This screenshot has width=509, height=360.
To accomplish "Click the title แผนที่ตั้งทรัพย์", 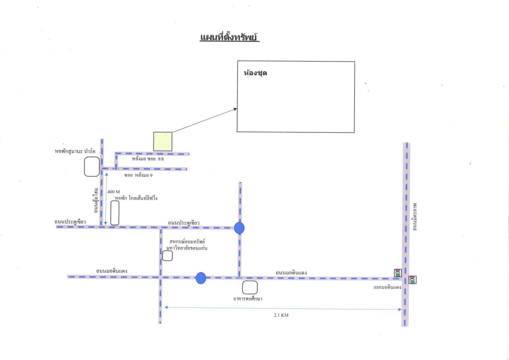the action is [229, 38].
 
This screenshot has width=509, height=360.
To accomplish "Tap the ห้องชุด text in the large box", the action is [255, 73].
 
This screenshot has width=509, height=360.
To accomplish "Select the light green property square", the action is [163, 142].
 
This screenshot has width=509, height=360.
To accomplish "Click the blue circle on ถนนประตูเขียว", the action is [239, 228].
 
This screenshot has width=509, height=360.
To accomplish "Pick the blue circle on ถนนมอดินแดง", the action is [201, 278].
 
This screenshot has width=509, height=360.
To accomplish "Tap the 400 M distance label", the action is [113, 192].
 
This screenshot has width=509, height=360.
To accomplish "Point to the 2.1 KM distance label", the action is [281, 315].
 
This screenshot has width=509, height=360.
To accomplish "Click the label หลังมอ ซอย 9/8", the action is [148, 159].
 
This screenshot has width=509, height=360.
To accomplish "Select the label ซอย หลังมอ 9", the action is [138, 175].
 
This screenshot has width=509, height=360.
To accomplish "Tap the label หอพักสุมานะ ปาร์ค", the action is [75, 151].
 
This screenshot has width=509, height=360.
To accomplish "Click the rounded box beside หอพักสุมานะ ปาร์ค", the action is [92, 166].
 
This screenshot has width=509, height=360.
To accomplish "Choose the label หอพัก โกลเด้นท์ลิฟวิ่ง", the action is [136, 198].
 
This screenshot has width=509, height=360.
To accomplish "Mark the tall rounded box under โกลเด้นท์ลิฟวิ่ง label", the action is [115, 213].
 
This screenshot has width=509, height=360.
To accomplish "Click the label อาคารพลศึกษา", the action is [248, 299].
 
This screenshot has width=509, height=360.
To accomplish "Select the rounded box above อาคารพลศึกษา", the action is [250, 287].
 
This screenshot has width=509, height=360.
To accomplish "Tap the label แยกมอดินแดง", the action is [387, 287].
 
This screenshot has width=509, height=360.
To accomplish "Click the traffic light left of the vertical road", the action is [398, 273].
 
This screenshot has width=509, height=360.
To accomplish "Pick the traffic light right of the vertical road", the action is [412, 280].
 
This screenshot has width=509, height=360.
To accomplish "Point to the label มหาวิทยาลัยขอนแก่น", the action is [187, 248].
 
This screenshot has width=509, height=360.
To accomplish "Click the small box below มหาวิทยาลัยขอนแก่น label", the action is [167, 256].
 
